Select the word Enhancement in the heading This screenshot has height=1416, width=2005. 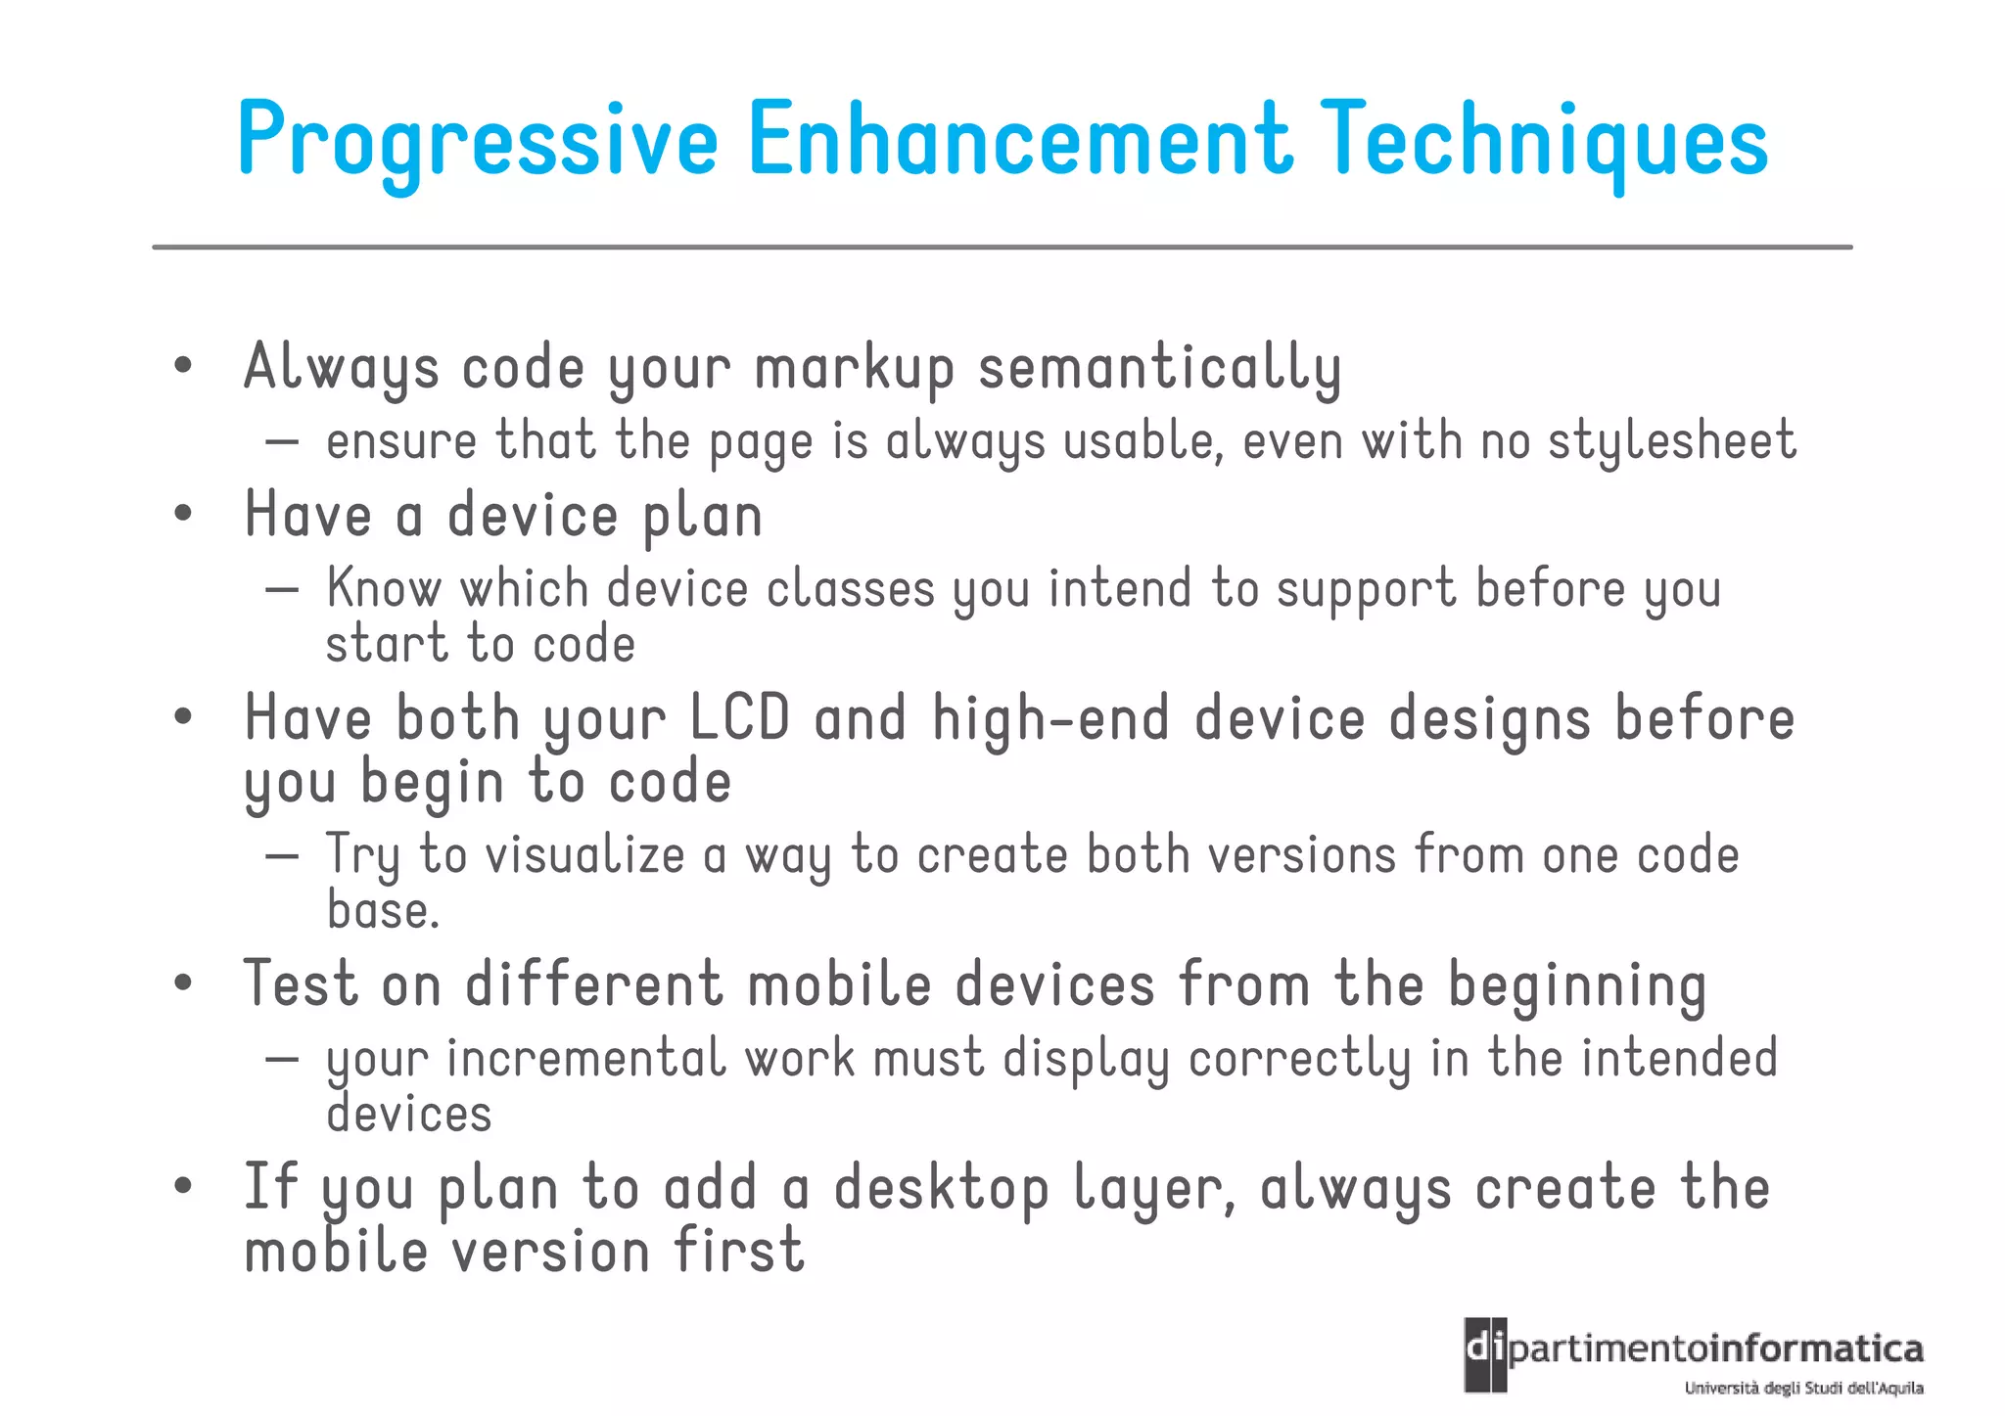pyautogui.click(x=1020, y=139)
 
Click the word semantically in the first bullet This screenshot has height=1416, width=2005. pyautogui.click(x=1159, y=369)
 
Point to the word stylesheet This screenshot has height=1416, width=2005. pyautogui.click(x=1671, y=441)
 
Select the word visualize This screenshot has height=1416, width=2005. pyautogui.click(x=584, y=854)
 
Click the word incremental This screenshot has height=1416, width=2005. pyautogui.click(x=585, y=1059)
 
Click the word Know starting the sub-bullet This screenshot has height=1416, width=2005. pyautogui.click(x=383, y=588)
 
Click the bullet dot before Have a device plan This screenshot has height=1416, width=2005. pyautogui.click(x=182, y=514)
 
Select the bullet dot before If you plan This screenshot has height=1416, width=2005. pyautogui.click(x=182, y=1186)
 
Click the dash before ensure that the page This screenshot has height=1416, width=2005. pyautogui.click(x=282, y=442)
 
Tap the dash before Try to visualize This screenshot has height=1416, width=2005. pyautogui.click(x=282, y=856)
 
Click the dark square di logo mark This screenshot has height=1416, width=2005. pyautogui.click(x=1485, y=1354)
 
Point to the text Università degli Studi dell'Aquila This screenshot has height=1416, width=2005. pyautogui.click(x=1803, y=1389)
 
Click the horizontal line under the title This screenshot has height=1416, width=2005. pyautogui.click(x=1002, y=248)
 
